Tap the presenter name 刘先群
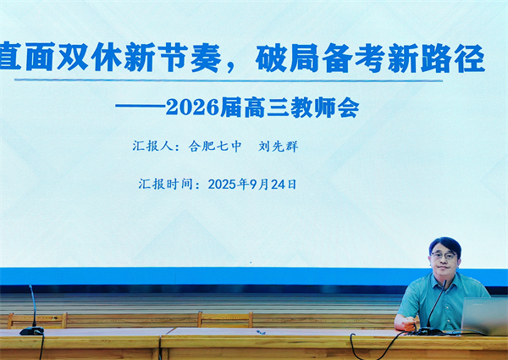click(x=277, y=146)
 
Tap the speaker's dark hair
click(x=444, y=242)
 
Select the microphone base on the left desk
click(x=31, y=330)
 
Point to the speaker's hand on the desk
click(x=405, y=322)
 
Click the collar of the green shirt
click(x=445, y=280)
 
